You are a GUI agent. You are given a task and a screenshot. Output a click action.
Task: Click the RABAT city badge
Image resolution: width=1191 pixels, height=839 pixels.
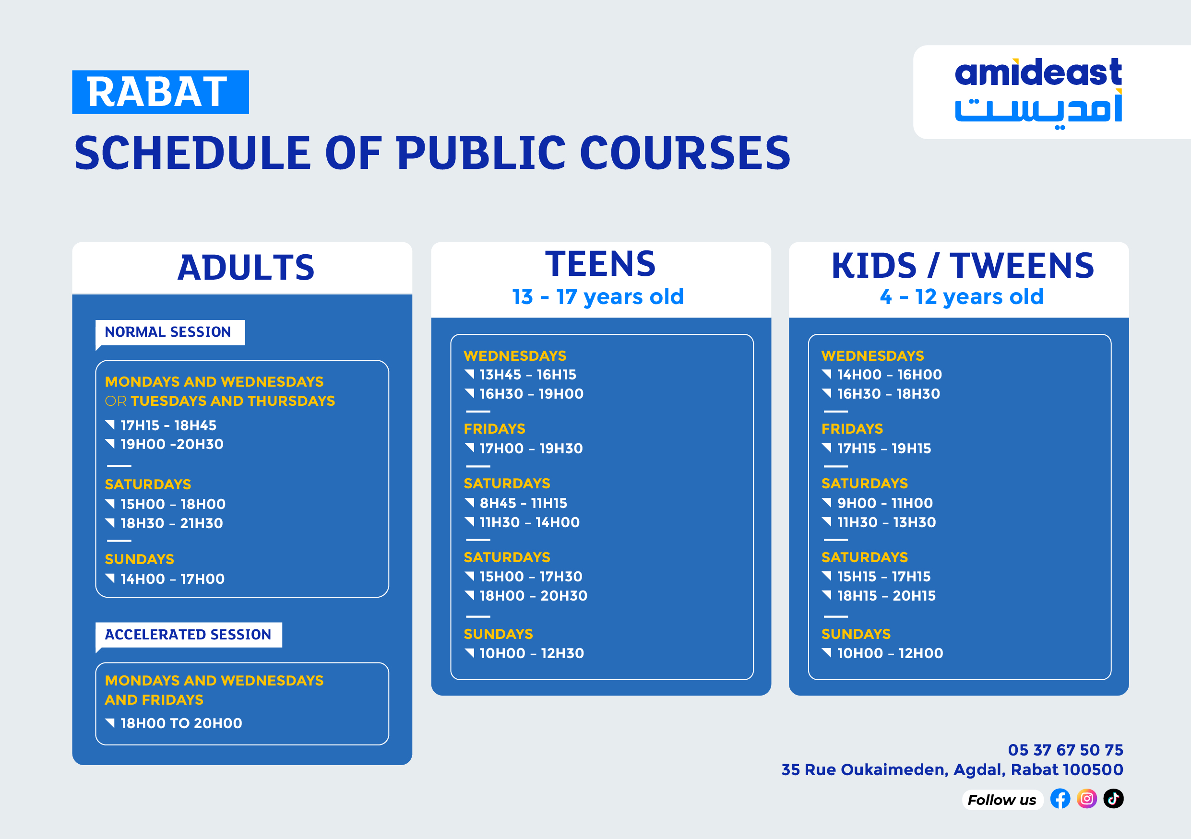[x=160, y=92]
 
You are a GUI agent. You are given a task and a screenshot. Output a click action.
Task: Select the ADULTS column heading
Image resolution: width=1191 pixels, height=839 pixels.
[x=246, y=268]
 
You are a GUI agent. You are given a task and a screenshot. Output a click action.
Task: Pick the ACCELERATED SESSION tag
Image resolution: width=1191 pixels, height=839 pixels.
[x=188, y=635]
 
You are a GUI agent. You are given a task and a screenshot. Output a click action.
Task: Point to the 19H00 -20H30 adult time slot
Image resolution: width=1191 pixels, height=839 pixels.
[x=172, y=444]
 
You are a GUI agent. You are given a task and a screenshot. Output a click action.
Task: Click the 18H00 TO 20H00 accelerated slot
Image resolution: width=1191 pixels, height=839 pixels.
[x=181, y=723]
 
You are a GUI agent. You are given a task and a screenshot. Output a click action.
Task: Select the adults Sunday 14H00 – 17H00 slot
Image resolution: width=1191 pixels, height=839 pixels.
[x=172, y=579]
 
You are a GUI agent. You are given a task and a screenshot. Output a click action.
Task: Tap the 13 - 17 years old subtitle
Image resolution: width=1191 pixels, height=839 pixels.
[x=598, y=296]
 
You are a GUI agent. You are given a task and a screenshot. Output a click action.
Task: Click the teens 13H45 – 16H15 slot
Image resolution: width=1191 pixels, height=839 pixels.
[x=527, y=374]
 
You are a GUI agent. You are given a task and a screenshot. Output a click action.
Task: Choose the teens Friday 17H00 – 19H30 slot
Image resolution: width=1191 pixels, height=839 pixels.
[x=531, y=449]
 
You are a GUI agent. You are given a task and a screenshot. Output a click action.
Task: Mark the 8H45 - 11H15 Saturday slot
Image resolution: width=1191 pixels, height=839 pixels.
[x=523, y=503]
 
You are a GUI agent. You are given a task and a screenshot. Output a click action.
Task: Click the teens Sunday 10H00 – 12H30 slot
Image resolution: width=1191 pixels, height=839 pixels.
[x=531, y=653]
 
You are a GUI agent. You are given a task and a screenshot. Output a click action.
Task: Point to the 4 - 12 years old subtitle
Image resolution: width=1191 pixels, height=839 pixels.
[x=961, y=296]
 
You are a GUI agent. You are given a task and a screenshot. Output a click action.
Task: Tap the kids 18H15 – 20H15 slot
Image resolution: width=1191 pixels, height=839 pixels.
[x=886, y=596]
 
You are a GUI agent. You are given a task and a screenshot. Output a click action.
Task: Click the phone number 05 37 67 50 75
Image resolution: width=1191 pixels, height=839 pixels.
[x=1065, y=750]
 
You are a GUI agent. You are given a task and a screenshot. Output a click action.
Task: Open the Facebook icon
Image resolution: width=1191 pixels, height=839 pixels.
[x=1060, y=799]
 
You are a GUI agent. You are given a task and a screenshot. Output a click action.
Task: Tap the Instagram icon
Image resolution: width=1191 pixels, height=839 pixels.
[x=1087, y=799]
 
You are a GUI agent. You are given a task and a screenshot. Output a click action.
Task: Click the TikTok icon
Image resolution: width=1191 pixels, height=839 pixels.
[x=1113, y=799]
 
